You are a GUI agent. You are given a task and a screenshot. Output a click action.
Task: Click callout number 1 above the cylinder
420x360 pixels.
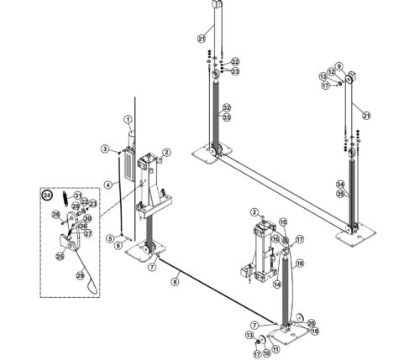click(129, 120)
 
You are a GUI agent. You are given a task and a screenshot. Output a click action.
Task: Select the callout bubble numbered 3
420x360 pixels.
click(105, 149)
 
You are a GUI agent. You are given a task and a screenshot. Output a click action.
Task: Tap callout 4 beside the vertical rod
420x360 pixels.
click(108, 184)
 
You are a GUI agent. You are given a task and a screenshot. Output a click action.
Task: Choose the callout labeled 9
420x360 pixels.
click(339, 66)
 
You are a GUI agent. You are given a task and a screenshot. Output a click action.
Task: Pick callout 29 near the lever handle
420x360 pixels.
click(80, 276)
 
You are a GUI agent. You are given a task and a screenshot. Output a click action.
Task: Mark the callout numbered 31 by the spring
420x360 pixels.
click(78, 196)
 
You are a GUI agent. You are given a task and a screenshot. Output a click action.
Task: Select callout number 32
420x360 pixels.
click(227, 108)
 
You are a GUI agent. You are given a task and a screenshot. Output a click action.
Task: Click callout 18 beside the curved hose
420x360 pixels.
click(299, 263)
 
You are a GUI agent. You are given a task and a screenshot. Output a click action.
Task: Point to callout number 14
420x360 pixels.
click(275, 284)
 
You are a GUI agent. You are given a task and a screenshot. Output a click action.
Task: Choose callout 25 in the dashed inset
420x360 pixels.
click(60, 256)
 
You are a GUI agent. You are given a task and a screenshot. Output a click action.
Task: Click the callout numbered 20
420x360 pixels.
click(311, 323)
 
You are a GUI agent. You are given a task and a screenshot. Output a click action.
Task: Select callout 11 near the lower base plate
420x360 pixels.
click(276, 349)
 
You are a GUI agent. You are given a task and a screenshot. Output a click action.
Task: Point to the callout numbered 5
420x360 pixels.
click(110, 238)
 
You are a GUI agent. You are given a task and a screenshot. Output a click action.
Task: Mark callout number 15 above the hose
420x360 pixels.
click(282, 222)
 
